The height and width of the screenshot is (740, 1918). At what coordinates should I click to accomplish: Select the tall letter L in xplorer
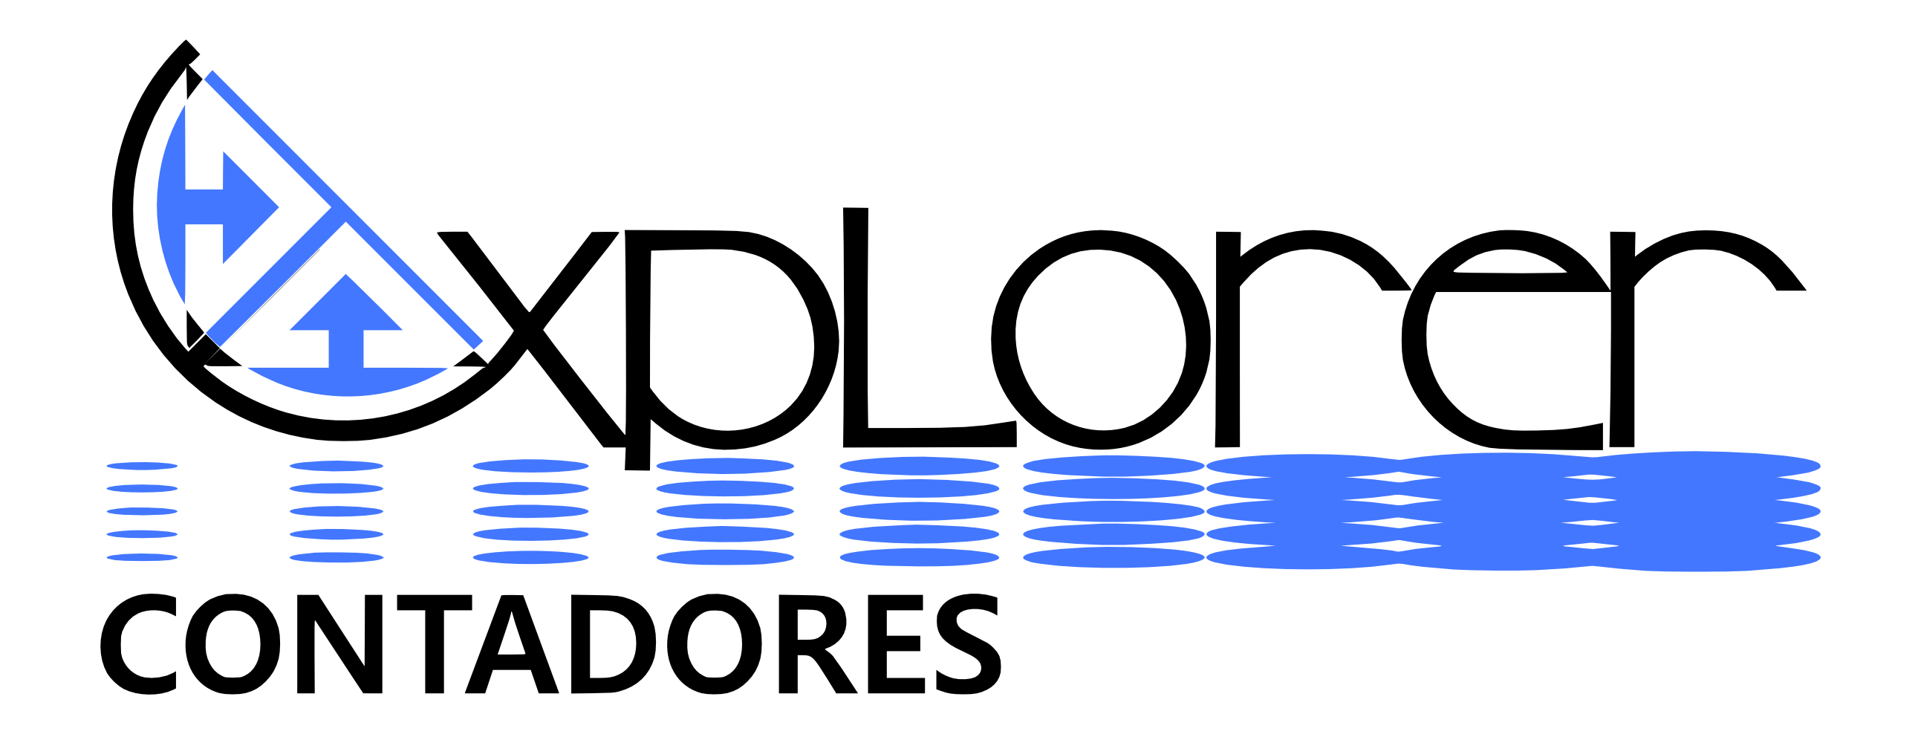(x=856, y=328)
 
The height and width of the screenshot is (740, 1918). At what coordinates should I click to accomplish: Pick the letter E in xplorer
(x=1414, y=340)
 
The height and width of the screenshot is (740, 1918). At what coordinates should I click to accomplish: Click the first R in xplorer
(x=1228, y=339)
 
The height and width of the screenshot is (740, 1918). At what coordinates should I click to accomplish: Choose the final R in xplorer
(x=1622, y=339)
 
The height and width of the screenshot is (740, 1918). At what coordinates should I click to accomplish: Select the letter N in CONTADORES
(x=306, y=645)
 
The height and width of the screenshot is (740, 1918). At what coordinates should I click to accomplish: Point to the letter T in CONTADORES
(x=435, y=645)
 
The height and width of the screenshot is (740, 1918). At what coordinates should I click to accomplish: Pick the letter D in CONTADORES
(x=581, y=645)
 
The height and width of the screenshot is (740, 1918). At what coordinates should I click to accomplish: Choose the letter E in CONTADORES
(x=878, y=645)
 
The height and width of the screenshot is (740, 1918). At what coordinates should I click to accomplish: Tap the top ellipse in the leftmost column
(x=142, y=466)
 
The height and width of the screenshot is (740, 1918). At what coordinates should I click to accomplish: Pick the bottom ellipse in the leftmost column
(x=142, y=557)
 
